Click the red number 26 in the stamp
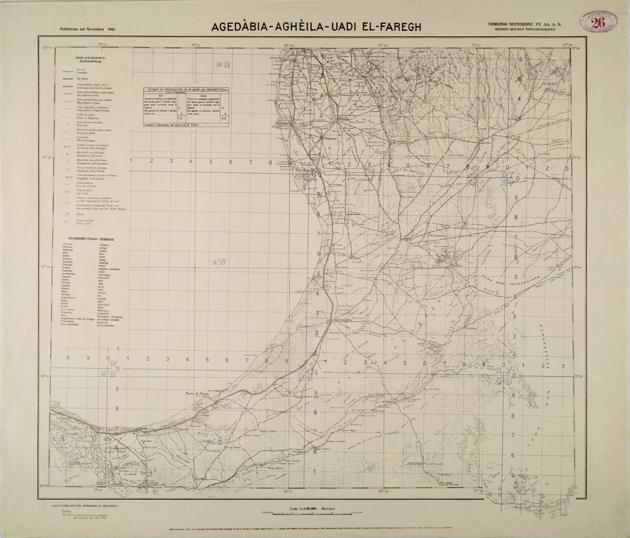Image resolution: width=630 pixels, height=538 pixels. click(x=599, y=22)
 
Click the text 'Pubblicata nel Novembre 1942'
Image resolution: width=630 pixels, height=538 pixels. click(x=87, y=29)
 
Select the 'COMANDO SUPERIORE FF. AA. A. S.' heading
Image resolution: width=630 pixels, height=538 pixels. click(x=525, y=24)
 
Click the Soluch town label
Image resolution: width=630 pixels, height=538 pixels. click(x=343, y=119)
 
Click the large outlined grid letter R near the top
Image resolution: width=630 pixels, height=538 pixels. click(x=227, y=64)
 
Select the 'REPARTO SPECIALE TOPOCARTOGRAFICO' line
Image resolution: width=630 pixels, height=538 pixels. click(x=525, y=30)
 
